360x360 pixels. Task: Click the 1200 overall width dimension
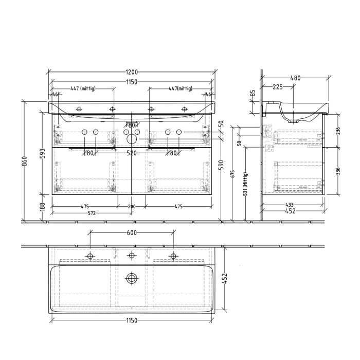[x=132, y=71]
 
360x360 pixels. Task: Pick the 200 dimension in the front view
[x=132, y=207]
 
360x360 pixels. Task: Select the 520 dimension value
[x=132, y=153]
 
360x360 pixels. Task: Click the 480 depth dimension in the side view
[x=295, y=79]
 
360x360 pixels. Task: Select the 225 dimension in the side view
[x=277, y=87]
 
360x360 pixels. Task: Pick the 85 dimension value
[x=253, y=94]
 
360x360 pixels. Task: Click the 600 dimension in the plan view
[x=132, y=232]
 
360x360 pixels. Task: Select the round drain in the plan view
[x=132, y=279]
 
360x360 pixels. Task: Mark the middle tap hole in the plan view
[x=132, y=256]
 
